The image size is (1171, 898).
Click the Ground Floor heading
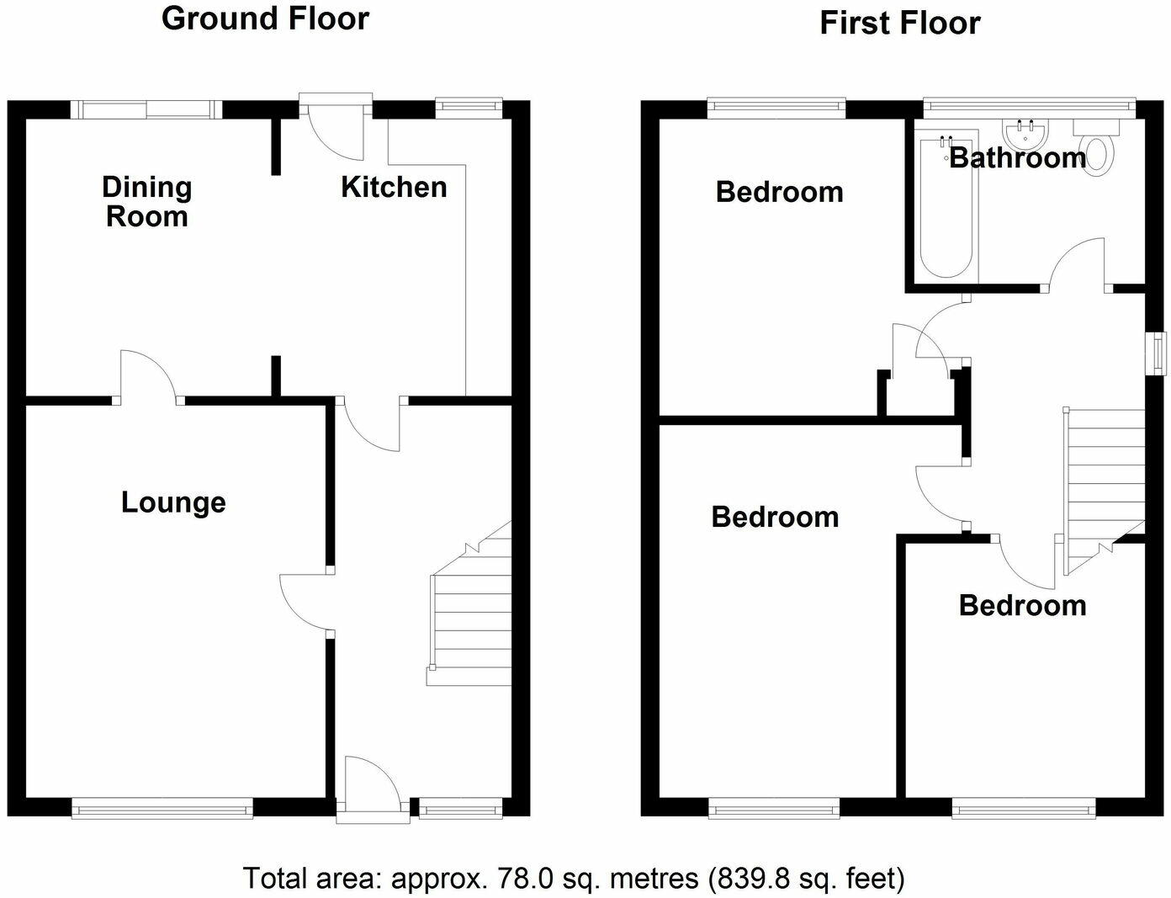(265, 19)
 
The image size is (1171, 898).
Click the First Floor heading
(899, 24)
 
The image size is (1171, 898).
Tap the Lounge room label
(173, 502)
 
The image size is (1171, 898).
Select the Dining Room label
(147, 202)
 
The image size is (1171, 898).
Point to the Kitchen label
(394, 187)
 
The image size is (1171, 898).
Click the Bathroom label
(1017, 158)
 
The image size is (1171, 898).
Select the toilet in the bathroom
(1098, 150)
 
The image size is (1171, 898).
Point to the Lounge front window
(162, 810)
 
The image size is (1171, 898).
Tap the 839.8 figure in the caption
(744, 879)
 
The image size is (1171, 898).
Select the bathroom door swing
(1077, 264)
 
